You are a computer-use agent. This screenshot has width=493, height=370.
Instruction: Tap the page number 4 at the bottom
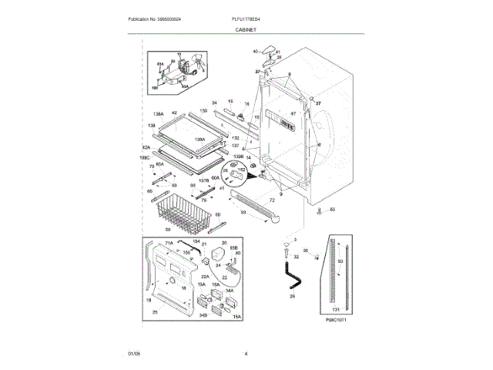246,354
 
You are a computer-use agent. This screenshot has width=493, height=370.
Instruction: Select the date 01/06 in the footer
133,354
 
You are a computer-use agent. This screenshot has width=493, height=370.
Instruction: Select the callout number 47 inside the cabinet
293,114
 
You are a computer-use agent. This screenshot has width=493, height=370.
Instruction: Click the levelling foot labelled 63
323,209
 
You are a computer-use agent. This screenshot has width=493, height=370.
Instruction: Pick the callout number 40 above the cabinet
256,52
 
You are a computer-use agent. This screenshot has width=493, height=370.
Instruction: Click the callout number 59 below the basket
167,230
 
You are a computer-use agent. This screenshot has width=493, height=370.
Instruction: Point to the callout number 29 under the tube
292,296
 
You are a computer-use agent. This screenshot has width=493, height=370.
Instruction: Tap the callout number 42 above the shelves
174,113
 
